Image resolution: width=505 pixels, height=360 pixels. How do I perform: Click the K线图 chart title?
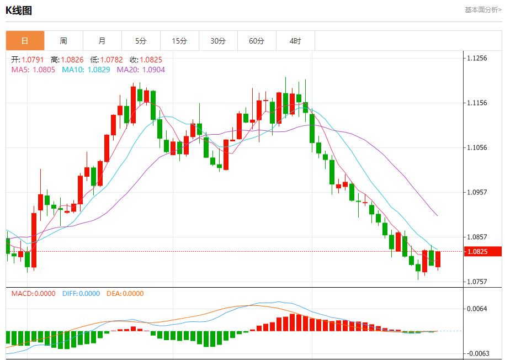(x=19, y=10)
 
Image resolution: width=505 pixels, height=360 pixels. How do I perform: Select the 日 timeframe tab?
(x=25, y=41)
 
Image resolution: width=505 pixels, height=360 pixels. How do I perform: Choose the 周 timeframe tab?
(x=63, y=41)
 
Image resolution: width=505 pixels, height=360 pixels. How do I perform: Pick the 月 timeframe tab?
(x=102, y=41)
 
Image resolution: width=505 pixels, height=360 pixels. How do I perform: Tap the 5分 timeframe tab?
(x=141, y=41)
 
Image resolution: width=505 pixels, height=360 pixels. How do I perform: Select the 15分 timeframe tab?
(x=179, y=41)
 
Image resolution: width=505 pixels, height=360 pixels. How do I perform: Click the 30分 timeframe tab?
(x=218, y=41)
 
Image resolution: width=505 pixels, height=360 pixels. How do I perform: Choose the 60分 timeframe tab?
(x=257, y=41)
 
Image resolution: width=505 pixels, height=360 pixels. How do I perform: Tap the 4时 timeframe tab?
(x=295, y=41)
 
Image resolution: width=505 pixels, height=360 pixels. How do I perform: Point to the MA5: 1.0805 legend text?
(x=33, y=70)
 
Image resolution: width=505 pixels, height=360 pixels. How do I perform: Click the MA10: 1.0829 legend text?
(x=86, y=70)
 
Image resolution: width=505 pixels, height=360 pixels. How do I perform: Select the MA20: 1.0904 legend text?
(x=141, y=70)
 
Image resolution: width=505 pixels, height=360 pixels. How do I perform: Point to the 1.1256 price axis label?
(x=477, y=58)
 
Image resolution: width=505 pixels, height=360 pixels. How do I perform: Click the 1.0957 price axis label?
(x=477, y=192)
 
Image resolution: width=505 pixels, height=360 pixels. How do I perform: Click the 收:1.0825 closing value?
(x=146, y=60)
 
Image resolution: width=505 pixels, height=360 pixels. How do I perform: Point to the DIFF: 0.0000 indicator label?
(x=82, y=294)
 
